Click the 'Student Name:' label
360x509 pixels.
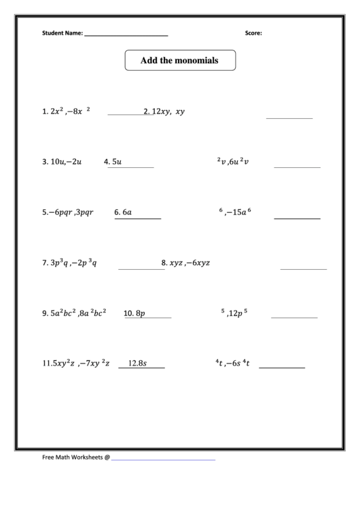(62, 33)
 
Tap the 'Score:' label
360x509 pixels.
(253, 33)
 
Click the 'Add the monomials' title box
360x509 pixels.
(179, 60)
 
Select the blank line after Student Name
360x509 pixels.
(126, 34)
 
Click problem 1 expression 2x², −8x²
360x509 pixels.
(66, 111)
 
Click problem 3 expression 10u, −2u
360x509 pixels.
(62, 162)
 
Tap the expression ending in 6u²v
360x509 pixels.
(234, 162)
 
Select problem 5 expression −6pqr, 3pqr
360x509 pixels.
(67, 212)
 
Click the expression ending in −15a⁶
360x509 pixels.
(235, 212)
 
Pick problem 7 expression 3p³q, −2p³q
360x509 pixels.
(69, 263)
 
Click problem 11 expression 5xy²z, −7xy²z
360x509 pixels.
(75, 364)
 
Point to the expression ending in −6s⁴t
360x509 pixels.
(233, 364)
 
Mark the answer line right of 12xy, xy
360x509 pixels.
(289, 118)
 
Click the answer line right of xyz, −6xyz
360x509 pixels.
(303, 269)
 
